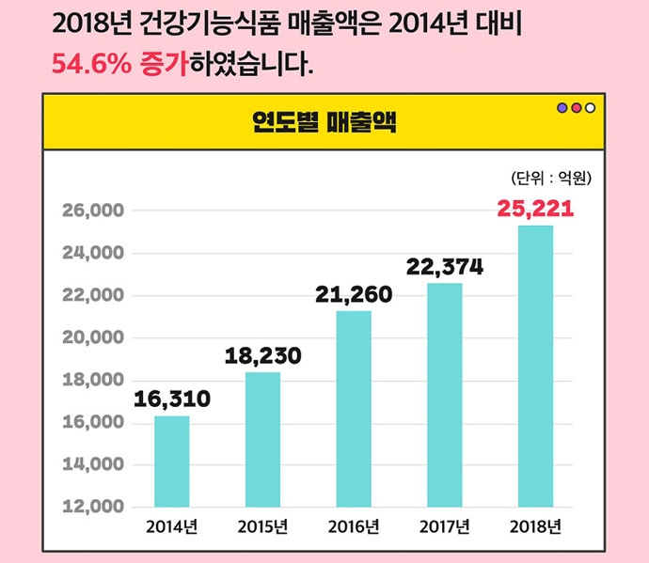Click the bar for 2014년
pyautogui.click(x=171, y=461)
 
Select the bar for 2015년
pyautogui.click(x=262, y=439)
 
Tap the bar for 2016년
pyautogui.click(x=354, y=408)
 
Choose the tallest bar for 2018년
pyautogui.click(x=535, y=366)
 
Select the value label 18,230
pyautogui.click(x=262, y=356)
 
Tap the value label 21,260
pyautogui.click(x=354, y=296)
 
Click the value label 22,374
pyautogui.click(x=444, y=267)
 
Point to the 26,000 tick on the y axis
pyautogui.click(x=92, y=211)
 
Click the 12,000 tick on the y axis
pyautogui.click(x=92, y=508)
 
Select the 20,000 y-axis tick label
pyautogui.click(x=92, y=338)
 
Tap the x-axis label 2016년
pyautogui.click(x=354, y=526)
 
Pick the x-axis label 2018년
pyautogui.click(x=535, y=526)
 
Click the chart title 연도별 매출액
pyautogui.click(x=324, y=121)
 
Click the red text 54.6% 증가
pyautogui.click(x=119, y=65)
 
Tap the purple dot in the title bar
pyautogui.click(x=562, y=107)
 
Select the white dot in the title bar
pyautogui.click(x=590, y=107)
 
